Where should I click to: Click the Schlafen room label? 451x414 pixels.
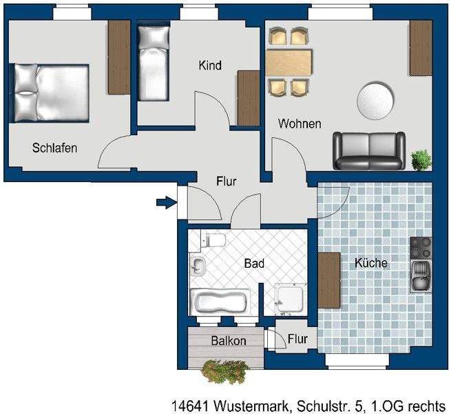54,148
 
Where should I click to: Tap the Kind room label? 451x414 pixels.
209,66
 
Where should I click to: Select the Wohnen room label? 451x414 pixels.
300,124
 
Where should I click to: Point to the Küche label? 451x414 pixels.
370,263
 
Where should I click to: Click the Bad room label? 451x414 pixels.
254,264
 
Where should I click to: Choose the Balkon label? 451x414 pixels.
229,341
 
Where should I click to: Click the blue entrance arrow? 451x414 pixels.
165,202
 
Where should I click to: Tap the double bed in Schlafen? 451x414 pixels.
50,92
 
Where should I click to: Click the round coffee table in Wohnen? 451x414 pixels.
377,101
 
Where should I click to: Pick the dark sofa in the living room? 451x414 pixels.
368,150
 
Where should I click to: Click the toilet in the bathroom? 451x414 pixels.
213,241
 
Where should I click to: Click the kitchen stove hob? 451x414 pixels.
421,247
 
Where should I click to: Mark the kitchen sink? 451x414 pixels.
420,277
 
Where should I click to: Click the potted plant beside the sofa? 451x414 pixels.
420,159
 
